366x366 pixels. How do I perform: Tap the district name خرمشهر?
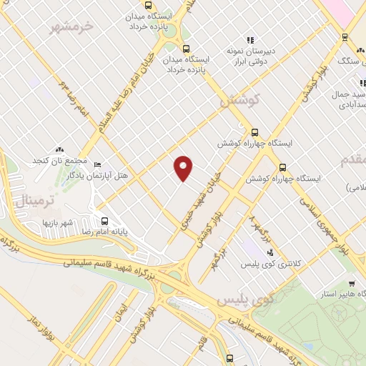pos(71,27)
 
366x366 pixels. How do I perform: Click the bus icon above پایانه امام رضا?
pos(105,221)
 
